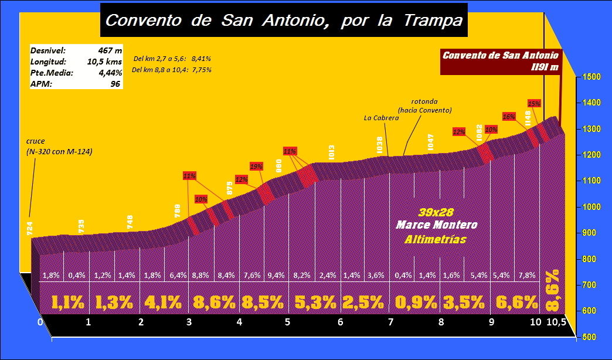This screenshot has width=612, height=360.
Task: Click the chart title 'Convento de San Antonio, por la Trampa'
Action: click(x=284, y=21)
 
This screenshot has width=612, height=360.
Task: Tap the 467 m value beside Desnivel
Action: click(x=110, y=50)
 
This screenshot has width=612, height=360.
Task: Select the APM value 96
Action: click(x=115, y=84)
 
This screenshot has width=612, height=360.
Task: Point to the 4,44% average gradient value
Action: click(x=110, y=73)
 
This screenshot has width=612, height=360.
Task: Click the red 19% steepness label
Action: click(x=256, y=166)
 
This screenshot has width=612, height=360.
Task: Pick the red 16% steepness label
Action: click(x=508, y=116)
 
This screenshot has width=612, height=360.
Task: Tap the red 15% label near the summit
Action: click(x=534, y=103)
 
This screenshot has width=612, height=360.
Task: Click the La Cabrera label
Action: click(x=381, y=118)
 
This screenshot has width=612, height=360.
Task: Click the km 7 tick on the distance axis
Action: click(x=390, y=322)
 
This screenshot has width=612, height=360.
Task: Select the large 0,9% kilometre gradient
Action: click(x=416, y=303)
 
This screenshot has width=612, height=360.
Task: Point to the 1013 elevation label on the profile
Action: click(x=332, y=152)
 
